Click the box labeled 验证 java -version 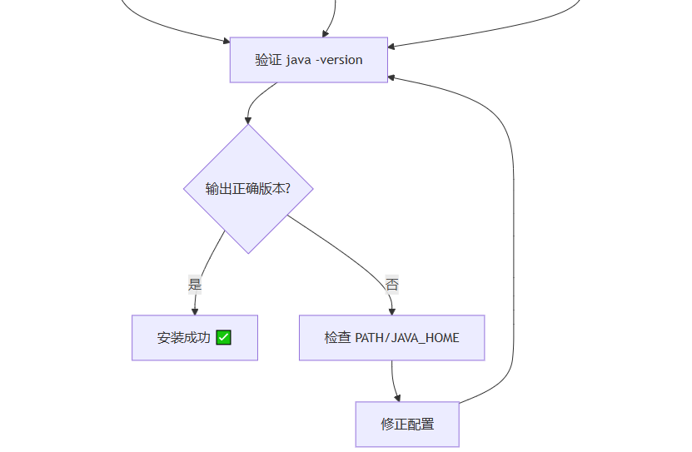coord(308,60)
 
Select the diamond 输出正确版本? coord(248,188)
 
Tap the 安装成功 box coord(194,337)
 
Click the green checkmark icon coord(223,337)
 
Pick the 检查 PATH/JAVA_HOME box coord(391,337)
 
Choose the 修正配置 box coord(407,424)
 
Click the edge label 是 coord(195,285)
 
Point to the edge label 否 coord(391,285)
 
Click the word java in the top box coord(298,60)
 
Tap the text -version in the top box coord(339,60)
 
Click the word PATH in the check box coord(370,338)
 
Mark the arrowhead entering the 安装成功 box coord(195,311)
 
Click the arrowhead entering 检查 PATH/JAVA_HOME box coord(391,311)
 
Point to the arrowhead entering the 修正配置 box coord(397,398)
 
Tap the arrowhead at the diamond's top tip coord(248,121)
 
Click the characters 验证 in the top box coord(268,60)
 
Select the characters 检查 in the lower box coord(337,338)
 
